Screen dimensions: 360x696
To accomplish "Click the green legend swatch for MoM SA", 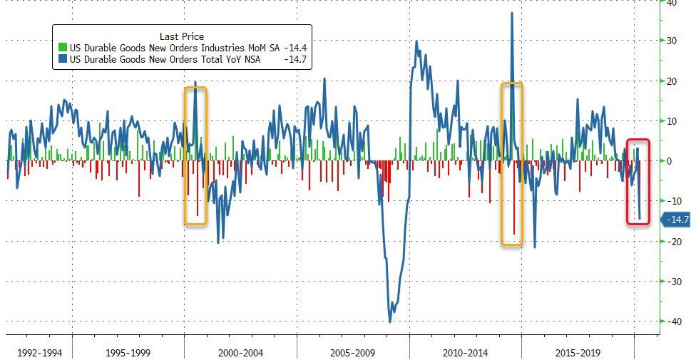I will click(62, 48).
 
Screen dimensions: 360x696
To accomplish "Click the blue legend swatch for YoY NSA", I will click(62, 59).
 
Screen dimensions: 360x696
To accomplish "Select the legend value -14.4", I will click(297, 48).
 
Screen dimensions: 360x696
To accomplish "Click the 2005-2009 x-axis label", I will click(353, 351).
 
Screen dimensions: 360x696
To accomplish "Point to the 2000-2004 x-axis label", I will click(241, 351).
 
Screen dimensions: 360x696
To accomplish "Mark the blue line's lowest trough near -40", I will click(390, 321).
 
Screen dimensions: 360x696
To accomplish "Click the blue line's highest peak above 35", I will click(512, 13).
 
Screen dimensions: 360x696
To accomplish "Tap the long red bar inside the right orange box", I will click(514, 203).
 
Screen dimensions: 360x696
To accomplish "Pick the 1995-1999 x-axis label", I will click(128, 351).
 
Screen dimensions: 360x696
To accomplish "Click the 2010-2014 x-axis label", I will click(465, 351).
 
